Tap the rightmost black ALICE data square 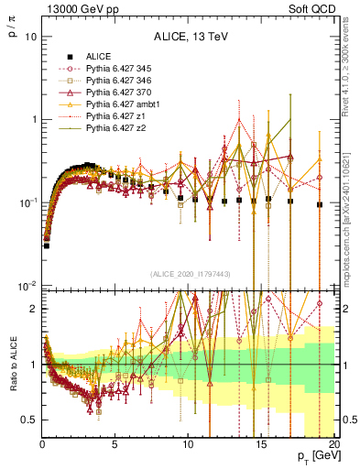click(x=319, y=205)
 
